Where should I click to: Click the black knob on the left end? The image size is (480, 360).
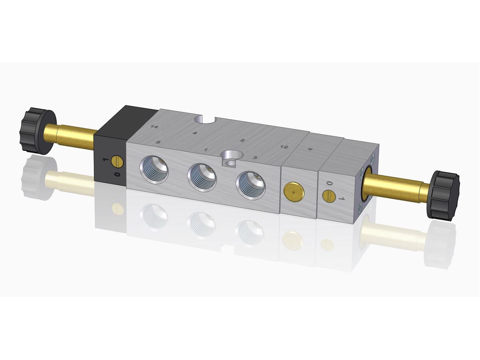[x=38, y=131]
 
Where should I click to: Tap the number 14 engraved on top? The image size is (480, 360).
[x=154, y=127]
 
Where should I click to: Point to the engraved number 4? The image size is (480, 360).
[x=195, y=133]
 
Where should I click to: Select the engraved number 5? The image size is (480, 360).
[x=158, y=142]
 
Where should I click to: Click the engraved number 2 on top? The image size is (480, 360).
[x=242, y=140]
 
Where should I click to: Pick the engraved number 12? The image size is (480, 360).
[x=284, y=147]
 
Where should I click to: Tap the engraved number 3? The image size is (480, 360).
[x=254, y=157]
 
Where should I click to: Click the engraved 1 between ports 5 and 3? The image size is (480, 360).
[x=206, y=150]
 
